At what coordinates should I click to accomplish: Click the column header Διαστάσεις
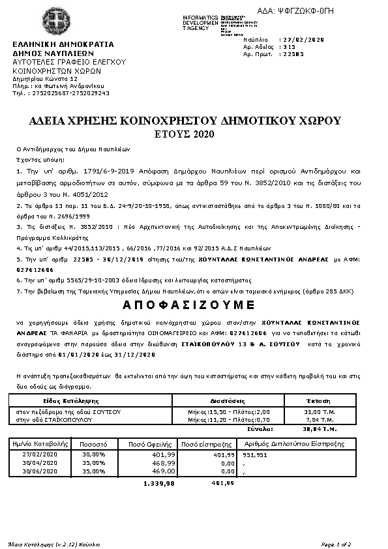(227, 400)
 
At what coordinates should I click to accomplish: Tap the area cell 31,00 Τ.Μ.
(320, 412)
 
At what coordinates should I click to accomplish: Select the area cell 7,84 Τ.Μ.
(320, 420)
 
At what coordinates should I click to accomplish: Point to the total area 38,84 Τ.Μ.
(320, 429)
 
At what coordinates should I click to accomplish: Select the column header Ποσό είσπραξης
(207, 443)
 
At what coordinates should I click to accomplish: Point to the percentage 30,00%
(94, 454)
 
